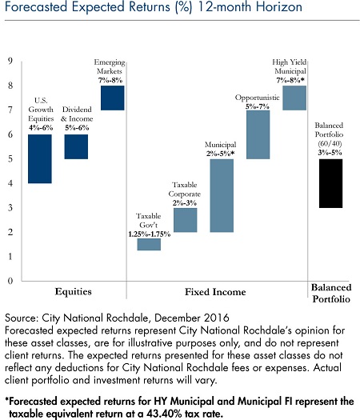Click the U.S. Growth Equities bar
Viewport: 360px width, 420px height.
tap(40, 159)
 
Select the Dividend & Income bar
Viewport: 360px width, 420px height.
tap(76, 146)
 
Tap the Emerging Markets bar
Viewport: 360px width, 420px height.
tap(113, 98)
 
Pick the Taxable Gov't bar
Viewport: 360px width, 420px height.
tap(149, 244)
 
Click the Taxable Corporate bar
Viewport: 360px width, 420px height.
tap(186, 220)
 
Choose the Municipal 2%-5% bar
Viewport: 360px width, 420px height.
tap(222, 195)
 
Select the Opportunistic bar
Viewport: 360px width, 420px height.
tap(258, 134)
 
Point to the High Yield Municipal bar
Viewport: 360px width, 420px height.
tap(294, 98)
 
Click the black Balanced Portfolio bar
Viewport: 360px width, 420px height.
tap(331, 183)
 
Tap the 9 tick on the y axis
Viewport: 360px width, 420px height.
tap(10, 61)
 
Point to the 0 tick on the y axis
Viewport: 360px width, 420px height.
tap(10, 281)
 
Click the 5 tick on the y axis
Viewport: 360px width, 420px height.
tap(10, 159)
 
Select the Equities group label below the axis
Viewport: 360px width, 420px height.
tap(73, 292)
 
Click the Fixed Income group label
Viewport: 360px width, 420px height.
tap(215, 292)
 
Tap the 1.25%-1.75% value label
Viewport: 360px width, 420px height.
tap(149, 234)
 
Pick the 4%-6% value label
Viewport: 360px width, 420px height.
tap(41, 128)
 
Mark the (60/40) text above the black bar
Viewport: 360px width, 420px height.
tap(330, 144)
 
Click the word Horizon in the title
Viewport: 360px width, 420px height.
tap(279, 6)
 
